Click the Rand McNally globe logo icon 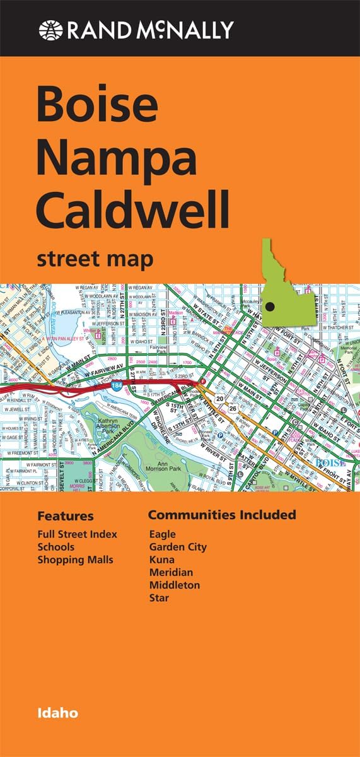[x=50, y=29]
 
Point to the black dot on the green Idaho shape [x=270, y=307]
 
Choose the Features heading [x=65, y=516]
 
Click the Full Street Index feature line [x=77, y=534]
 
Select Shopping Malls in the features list [x=75, y=560]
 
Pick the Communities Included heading [x=221, y=515]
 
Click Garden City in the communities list [x=178, y=547]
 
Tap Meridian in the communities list [x=171, y=572]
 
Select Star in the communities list [x=159, y=597]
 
